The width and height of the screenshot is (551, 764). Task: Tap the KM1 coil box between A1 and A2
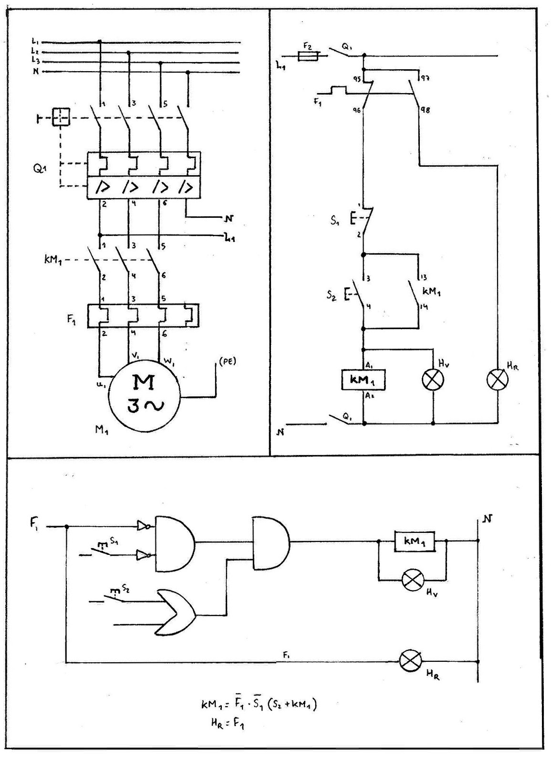tap(364, 380)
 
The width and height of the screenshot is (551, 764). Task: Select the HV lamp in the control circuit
tap(433, 380)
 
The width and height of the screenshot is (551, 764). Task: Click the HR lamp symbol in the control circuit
tap(497, 380)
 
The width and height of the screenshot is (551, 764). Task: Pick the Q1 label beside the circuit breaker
tap(41, 170)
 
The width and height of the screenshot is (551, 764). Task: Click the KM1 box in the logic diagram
tap(414, 541)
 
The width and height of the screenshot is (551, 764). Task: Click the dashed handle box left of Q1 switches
tap(61, 117)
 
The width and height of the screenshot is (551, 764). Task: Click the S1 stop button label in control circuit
tap(335, 221)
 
